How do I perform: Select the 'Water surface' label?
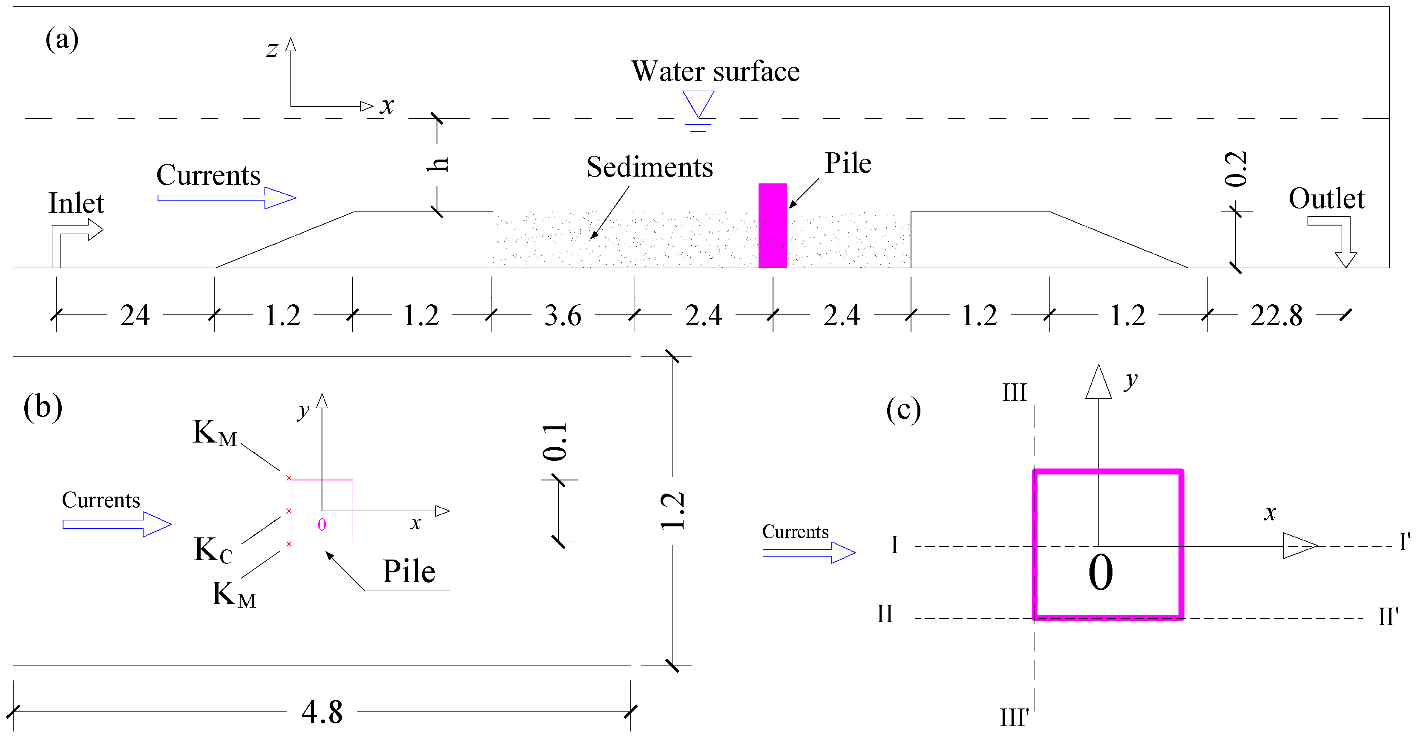715,71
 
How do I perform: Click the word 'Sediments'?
649,167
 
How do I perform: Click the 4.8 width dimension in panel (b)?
322,713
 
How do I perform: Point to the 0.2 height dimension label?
1236,169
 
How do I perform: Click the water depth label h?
438,164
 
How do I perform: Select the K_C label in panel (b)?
213,550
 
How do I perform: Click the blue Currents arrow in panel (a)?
227,198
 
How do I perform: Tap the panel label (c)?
903,409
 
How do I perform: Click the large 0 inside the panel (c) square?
1101,573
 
